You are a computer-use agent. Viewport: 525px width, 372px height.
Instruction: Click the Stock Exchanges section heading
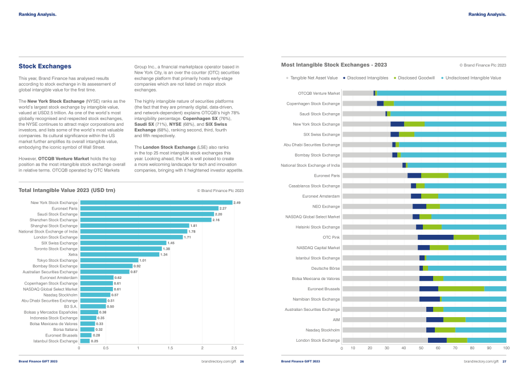pos(45,66)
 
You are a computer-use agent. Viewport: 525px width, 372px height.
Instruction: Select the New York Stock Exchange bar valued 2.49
pos(156,202)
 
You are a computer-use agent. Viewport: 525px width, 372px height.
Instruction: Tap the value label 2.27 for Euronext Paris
pos(223,209)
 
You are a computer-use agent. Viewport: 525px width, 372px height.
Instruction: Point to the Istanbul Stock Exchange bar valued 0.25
pos(85,341)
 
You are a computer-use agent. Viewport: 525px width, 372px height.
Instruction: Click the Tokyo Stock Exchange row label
pos(57,261)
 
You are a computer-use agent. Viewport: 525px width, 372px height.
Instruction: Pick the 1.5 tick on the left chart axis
pos(170,348)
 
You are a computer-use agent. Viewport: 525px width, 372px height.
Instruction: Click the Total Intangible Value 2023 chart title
pos(67,190)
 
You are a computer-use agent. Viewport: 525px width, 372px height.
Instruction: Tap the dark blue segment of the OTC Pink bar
pos(435,237)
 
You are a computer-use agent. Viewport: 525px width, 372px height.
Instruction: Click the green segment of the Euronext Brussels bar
pos(461,289)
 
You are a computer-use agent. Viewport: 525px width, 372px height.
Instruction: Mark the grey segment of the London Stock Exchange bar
pos(385,340)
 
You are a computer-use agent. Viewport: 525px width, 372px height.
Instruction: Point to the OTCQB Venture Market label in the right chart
pos(319,94)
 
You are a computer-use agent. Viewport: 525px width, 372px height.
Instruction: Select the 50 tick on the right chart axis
pos(421,348)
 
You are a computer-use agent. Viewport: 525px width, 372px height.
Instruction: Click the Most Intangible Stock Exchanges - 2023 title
pos(334,65)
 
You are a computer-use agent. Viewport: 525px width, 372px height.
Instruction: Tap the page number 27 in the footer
pos(504,361)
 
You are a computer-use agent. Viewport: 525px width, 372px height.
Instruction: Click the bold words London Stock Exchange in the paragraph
pos(169,147)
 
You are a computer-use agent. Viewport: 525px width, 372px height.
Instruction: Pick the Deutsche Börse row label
pos(325,269)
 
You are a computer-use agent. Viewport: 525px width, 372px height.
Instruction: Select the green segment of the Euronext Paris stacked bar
pos(435,175)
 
